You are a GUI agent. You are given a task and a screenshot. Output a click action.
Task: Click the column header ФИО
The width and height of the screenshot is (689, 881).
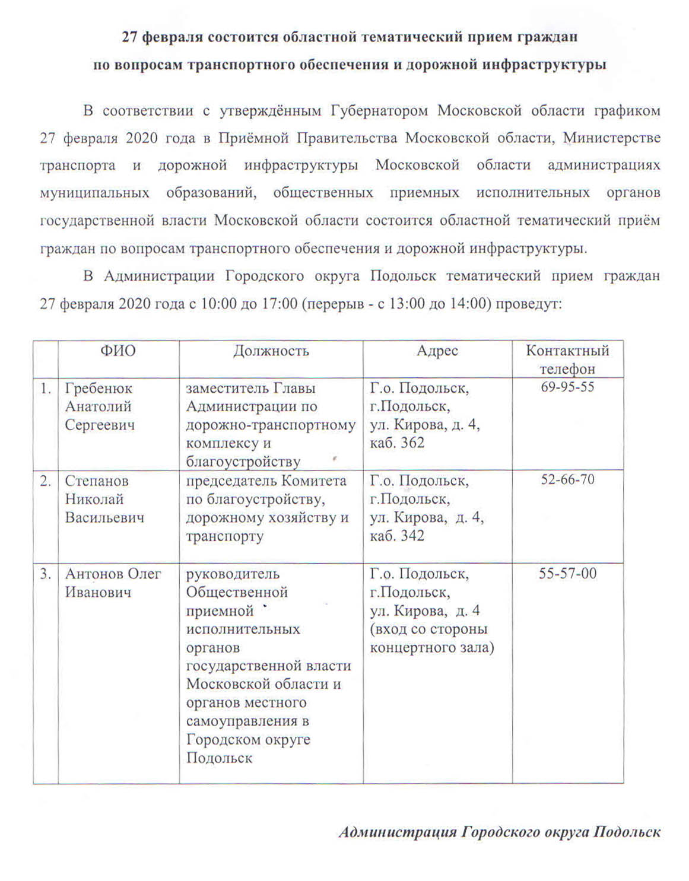(x=118, y=351)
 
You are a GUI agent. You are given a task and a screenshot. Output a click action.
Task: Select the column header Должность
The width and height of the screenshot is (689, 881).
(x=271, y=351)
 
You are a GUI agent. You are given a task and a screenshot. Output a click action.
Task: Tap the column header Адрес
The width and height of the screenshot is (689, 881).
(x=437, y=351)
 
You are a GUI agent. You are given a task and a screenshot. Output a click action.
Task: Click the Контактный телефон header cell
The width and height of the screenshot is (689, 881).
(x=567, y=360)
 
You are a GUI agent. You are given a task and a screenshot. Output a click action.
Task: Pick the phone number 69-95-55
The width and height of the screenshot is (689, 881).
(x=567, y=387)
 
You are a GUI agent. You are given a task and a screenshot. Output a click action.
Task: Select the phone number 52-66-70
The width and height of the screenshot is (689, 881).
(x=567, y=479)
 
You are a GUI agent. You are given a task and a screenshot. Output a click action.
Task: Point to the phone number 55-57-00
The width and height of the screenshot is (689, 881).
(x=567, y=573)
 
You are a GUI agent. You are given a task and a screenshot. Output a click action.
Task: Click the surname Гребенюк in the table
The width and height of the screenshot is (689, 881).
(x=99, y=389)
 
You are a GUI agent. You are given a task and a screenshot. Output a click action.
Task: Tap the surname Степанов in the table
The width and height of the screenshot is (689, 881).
(x=97, y=481)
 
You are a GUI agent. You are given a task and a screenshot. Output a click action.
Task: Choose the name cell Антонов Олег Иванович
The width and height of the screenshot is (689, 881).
(x=113, y=583)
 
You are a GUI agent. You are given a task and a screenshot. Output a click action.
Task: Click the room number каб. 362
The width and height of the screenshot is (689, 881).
(x=397, y=443)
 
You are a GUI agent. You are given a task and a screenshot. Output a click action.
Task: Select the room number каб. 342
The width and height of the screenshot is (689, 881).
(x=397, y=535)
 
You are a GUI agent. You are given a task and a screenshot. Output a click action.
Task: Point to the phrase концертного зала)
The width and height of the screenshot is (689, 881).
(x=432, y=647)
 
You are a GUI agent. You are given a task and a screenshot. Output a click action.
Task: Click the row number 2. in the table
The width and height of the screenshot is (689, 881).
(x=46, y=481)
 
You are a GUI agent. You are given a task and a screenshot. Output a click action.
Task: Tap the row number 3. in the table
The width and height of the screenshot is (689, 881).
(x=46, y=574)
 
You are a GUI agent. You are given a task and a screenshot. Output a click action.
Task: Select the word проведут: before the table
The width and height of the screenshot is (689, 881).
(x=528, y=304)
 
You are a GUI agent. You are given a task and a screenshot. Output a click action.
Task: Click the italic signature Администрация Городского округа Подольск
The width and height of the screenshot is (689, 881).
(x=499, y=832)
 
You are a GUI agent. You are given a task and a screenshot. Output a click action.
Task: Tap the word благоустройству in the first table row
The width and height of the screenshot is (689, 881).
(x=243, y=462)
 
